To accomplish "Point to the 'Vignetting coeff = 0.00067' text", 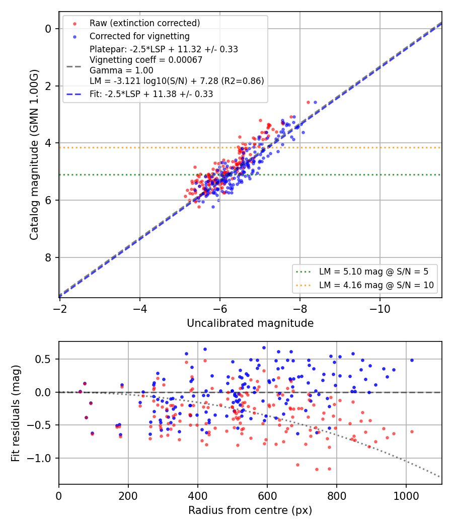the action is point(146,60).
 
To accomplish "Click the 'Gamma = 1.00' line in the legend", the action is point(121,70).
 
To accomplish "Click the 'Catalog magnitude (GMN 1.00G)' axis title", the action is point(34,155).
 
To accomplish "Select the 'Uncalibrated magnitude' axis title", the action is point(250,323).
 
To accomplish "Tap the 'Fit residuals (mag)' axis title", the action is point(16,413).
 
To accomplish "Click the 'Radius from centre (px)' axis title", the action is point(250,510).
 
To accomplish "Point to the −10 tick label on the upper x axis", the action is point(380,309).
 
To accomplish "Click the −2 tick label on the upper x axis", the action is point(59,309).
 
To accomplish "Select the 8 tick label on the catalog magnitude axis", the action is point(48,257).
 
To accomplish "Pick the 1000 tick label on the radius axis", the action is point(406,496).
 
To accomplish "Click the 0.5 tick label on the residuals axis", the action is point(43,360).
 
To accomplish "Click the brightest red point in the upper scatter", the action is point(308,103).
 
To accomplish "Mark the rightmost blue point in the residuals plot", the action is point(412,361).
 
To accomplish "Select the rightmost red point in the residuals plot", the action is point(412,431).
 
